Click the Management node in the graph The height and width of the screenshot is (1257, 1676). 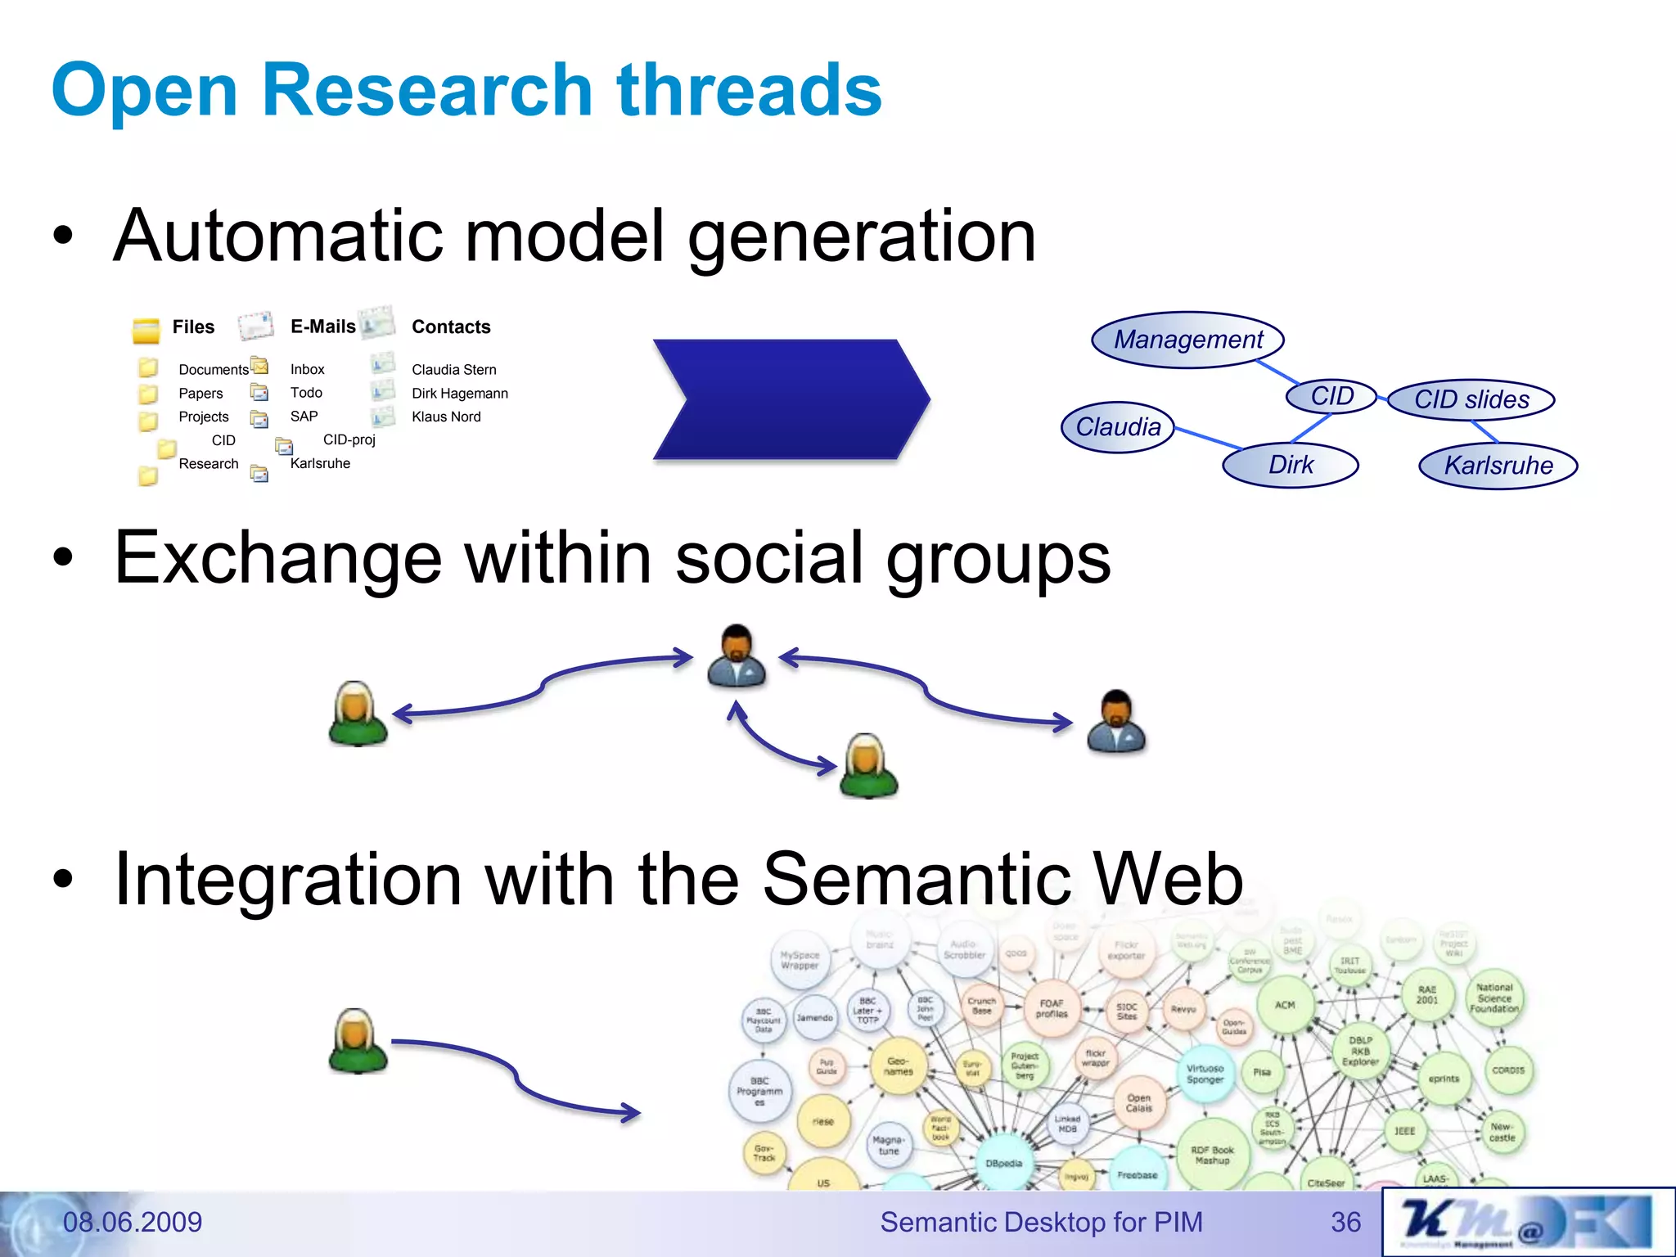1187,340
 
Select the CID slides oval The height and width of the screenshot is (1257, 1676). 1471,399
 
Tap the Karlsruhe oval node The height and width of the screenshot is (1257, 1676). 1498,466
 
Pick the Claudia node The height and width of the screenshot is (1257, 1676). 1118,427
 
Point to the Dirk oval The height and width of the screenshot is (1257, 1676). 1291,465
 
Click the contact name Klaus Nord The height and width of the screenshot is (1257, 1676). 446,417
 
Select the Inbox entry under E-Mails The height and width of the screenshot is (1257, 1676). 307,369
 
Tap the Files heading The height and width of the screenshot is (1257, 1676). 193,327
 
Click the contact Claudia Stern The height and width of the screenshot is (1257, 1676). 453,369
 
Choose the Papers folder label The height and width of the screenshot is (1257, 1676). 200,393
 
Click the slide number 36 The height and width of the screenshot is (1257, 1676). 1345,1222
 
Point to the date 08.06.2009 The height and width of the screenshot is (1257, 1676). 133,1222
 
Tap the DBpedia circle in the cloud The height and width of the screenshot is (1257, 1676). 1003,1163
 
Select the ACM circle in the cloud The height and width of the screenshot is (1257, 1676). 1285,1005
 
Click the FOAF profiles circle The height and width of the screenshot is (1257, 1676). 1052,1008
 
